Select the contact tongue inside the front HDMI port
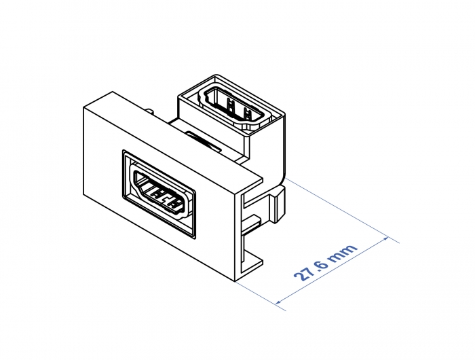161,194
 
